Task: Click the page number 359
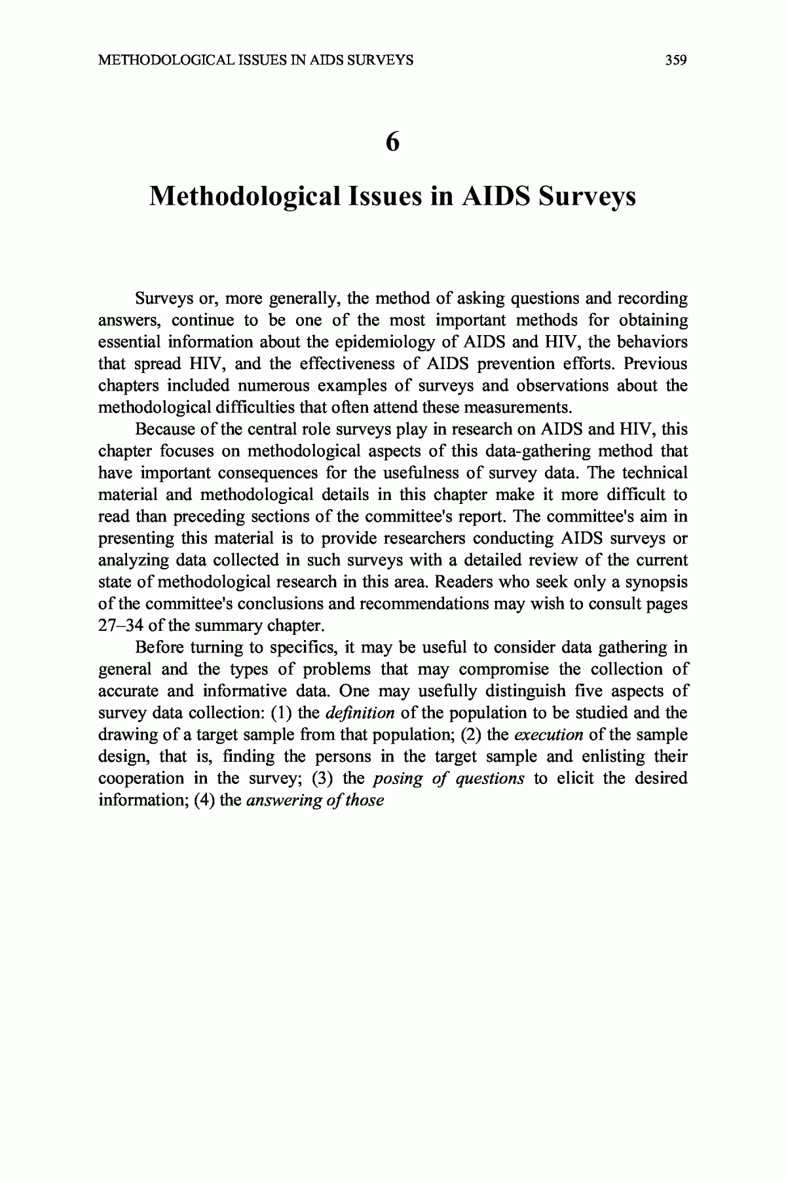click(x=675, y=61)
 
